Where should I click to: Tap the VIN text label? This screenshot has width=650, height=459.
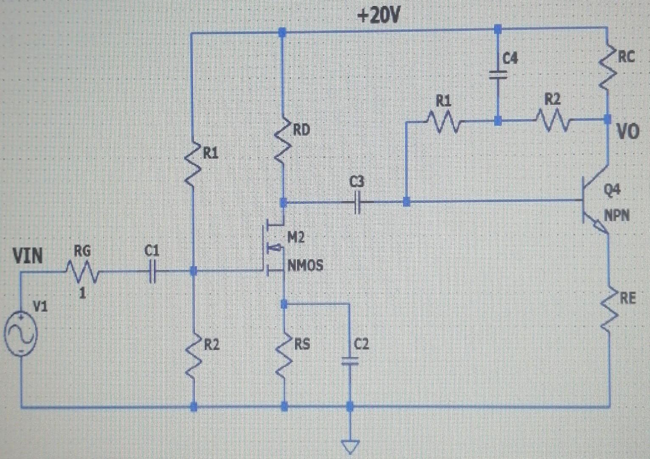click(x=28, y=256)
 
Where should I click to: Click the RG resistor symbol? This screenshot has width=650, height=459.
click(x=83, y=272)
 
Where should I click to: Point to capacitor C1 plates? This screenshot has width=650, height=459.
click(x=153, y=271)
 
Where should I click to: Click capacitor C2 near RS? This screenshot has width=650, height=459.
click(x=350, y=361)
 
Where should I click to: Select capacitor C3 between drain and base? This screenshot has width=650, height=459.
click(x=357, y=202)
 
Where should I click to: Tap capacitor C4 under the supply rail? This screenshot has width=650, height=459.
click(x=498, y=75)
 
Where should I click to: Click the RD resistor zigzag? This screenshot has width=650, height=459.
click(x=283, y=144)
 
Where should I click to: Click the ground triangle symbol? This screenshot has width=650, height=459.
click(x=350, y=446)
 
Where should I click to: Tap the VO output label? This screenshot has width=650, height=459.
click(x=627, y=132)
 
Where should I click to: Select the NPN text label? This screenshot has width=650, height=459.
click(x=617, y=215)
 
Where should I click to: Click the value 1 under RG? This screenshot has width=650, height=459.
click(x=83, y=293)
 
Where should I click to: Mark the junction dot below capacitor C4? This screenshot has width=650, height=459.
click(x=498, y=121)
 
